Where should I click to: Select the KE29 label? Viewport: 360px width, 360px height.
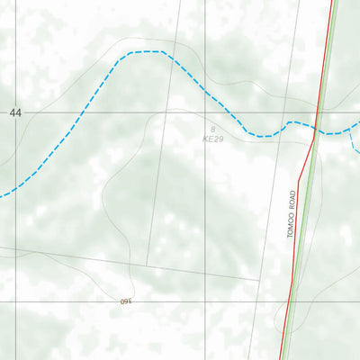pyautogui.click(x=212, y=140)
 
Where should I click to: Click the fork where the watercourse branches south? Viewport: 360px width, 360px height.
pyautogui.click(x=346, y=131)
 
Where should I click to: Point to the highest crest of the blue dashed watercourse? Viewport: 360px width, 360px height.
pyautogui.click(x=148, y=52)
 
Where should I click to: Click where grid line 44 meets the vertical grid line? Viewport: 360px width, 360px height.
pyautogui.click(x=204, y=112)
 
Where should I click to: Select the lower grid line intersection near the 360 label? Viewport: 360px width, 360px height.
pyautogui.click(x=204, y=301)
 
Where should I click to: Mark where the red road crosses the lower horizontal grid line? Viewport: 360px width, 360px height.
pyautogui.click(x=289, y=301)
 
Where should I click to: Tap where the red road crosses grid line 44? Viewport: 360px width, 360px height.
pyautogui.click(x=319, y=112)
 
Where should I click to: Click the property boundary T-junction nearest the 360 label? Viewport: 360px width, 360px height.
pyautogui.click(x=147, y=265)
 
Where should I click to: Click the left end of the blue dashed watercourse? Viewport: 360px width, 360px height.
pyautogui.click(x=2, y=194)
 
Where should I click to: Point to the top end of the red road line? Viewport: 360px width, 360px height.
pyautogui.click(x=332, y=2)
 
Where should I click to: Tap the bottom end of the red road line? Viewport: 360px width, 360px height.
pyautogui.click(x=280, y=358)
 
